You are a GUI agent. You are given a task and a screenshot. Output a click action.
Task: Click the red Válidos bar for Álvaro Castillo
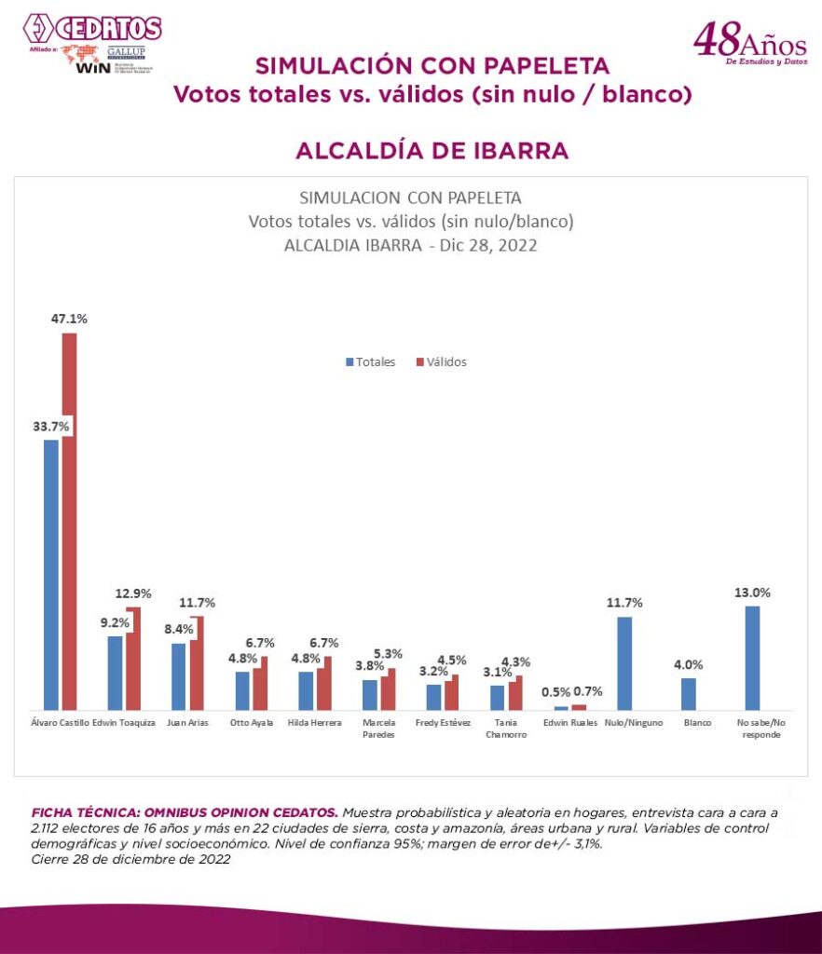pos(69,522)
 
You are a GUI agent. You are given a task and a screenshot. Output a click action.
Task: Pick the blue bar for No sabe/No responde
pos(752,658)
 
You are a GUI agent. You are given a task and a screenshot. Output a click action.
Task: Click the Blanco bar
pos(689,694)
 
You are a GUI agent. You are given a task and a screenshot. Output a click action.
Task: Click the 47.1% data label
pos(69,319)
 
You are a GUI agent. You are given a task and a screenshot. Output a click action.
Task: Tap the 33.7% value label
pos(50,426)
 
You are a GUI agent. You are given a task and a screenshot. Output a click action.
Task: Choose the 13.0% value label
pos(752,593)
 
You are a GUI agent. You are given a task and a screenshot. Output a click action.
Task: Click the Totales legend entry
pos(371,361)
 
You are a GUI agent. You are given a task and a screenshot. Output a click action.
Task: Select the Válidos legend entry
pos(442,361)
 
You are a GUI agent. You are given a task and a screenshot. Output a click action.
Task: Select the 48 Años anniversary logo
pos(748,41)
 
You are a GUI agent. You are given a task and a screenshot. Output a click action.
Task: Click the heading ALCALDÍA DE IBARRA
pos(432,151)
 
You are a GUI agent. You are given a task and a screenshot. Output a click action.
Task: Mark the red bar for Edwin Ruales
pos(579,707)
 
